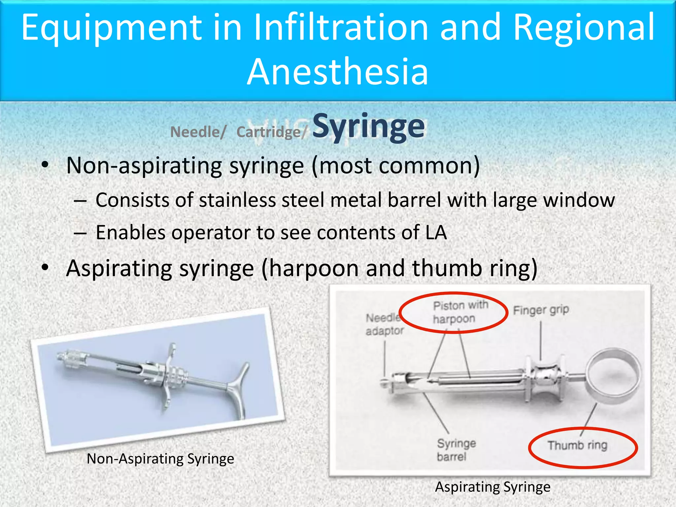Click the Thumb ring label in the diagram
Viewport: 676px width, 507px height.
(577, 446)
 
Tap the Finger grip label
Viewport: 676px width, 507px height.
(541, 310)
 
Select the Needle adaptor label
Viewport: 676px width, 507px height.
(384, 324)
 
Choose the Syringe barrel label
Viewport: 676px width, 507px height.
(456, 450)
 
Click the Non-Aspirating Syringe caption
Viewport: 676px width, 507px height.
(160, 459)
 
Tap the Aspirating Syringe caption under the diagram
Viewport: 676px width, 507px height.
(492, 487)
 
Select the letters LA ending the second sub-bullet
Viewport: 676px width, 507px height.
(436, 233)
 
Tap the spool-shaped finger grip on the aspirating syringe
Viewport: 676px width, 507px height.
(545, 380)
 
